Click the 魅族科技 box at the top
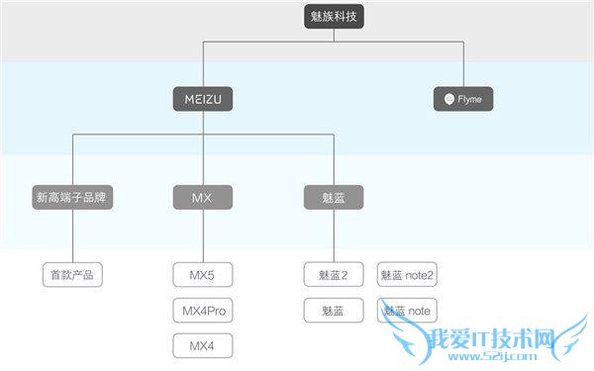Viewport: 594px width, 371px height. coord(334,17)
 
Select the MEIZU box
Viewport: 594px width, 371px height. coord(203,99)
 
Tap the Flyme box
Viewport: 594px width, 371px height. coord(463,99)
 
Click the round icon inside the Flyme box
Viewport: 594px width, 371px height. coord(449,99)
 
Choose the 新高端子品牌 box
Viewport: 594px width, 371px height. coord(70,198)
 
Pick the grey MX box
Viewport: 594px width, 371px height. coord(203,198)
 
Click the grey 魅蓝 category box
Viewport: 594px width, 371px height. coord(334,198)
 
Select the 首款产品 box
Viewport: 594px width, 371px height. coord(72,274)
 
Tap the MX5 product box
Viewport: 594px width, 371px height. coord(203,274)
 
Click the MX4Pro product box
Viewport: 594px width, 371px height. coord(203,311)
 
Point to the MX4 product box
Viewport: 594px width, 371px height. coord(203,346)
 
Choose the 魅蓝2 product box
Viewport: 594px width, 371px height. coord(334,274)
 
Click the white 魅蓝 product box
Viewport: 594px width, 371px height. coord(334,311)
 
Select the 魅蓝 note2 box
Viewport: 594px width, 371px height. coord(407,274)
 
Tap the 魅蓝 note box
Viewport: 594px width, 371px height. coord(407,311)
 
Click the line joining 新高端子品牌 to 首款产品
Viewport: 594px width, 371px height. coord(72,235)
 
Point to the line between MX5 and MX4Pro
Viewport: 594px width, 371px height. coord(203,292)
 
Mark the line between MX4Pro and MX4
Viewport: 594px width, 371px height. coord(203,328)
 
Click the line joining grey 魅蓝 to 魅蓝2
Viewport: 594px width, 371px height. coord(334,235)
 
